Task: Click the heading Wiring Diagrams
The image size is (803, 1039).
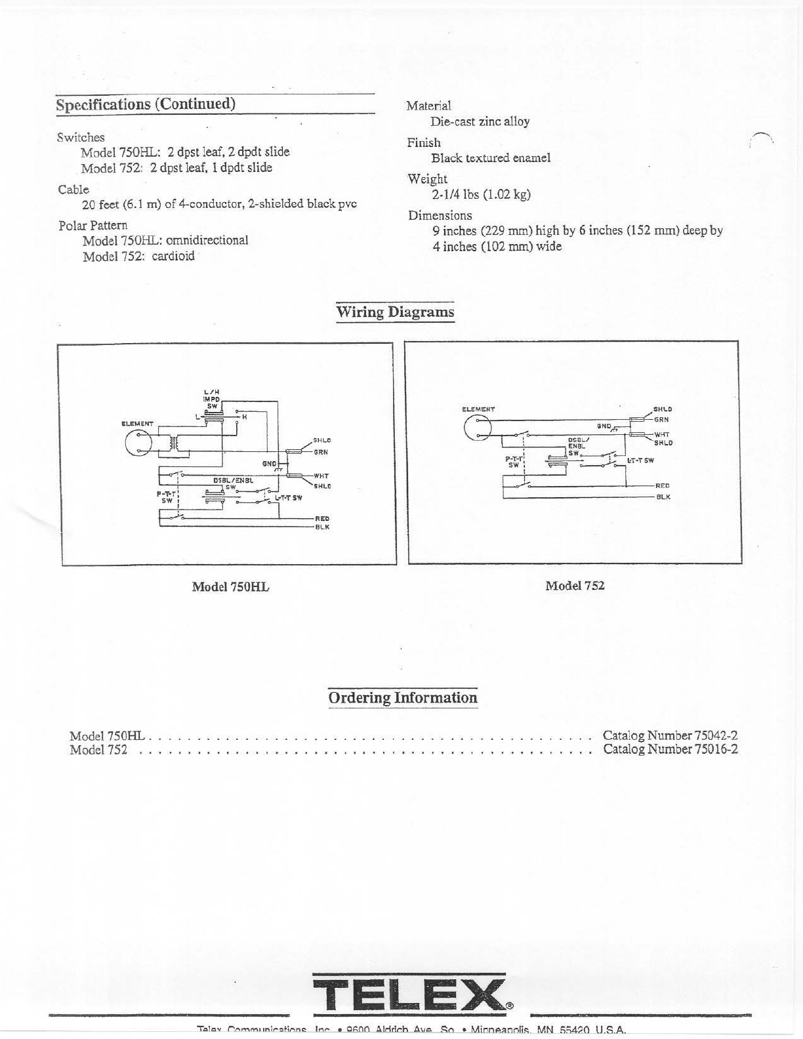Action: click(x=395, y=312)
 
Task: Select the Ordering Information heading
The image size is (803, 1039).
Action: click(x=403, y=697)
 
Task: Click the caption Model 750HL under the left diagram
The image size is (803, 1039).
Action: click(x=230, y=587)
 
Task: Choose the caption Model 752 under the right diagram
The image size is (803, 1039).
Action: click(x=575, y=586)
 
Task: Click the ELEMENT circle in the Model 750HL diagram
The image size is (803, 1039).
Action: click(x=138, y=443)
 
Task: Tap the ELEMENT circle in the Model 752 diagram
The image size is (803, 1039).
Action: click(x=478, y=429)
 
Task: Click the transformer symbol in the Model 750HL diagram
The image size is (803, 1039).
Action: click(x=174, y=443)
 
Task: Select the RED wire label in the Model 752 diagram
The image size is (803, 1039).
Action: click(x=663, y=486)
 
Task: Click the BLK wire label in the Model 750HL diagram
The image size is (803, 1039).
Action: click(x=322, y=527)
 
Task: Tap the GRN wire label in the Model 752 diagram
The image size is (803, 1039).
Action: click(x=661, y=419)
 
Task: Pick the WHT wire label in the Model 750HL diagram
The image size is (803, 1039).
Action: click(x=321, y=476)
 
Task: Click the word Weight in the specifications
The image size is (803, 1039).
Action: click(x=427, y=179)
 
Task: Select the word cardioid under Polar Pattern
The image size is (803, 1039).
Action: click(x=173, y=256)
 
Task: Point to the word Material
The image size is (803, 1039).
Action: click(x=428, y=106)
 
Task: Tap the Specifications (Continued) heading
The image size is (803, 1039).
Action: click(x=146, y=104)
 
